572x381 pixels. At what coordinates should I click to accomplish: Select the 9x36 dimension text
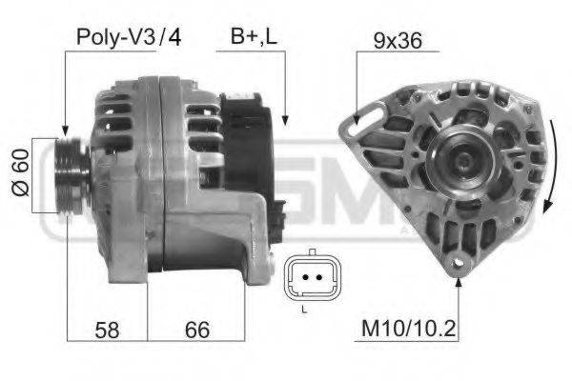(397, 41)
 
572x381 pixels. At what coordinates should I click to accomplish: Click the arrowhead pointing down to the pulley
(65, 130)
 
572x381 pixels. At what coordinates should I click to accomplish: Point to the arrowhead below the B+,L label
(284, 120)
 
